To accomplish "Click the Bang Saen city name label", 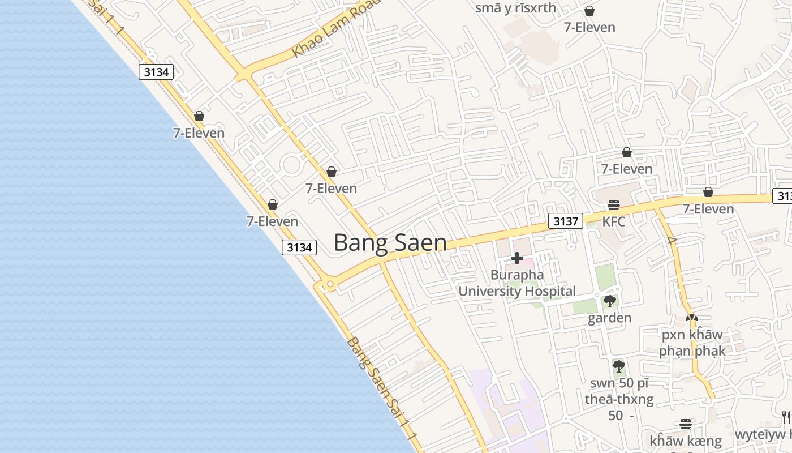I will [x=390, y=242].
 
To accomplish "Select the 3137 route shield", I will [x=565, y=221].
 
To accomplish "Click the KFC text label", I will [x=614, y=221].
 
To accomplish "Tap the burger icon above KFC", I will [x=614, y=204].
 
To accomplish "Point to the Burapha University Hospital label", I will [x=516, y=283].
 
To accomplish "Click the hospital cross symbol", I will [x=516, y=258].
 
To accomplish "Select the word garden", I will [x=609, y=318].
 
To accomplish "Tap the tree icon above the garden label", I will [x=609, y=301].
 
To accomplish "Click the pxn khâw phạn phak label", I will [x=692, y=343].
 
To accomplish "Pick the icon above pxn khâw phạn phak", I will [x=691, y=318].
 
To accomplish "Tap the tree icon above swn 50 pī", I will [x=618, y=366].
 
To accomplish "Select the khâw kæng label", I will [x=686, y=441].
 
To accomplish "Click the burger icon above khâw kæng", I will [x=686, y=424].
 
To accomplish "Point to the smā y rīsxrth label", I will [x=515, y=8].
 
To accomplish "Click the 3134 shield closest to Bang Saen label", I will [x=299, y=247].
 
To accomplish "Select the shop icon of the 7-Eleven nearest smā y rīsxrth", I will [x=589, y=11].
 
